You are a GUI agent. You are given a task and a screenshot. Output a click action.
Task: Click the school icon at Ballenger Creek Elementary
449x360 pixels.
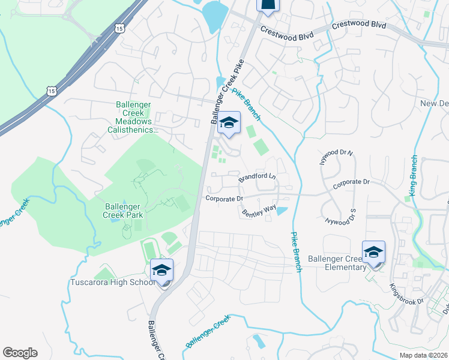click(x=373, y=253)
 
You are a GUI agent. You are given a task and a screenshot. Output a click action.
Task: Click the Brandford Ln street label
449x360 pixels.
click(x=257, y=178)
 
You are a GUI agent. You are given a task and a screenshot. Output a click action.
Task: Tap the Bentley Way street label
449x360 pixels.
click(x=259, y=211)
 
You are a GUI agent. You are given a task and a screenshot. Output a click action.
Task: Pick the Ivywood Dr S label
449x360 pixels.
click(x=340, y=217)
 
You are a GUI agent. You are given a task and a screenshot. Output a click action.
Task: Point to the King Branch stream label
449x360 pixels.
click(x=414, y=176)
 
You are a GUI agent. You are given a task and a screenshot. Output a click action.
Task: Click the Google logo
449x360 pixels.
click(x=20, y=353)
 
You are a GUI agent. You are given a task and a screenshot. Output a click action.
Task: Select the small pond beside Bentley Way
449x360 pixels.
click(x=281, y=211)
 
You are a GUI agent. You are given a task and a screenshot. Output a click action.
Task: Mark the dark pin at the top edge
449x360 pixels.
click(x=268, y=5)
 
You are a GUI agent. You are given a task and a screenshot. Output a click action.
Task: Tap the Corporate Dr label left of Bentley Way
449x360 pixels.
click(x=223, y=199)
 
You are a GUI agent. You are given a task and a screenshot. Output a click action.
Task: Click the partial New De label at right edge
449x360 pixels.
click(x=434, y=103)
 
